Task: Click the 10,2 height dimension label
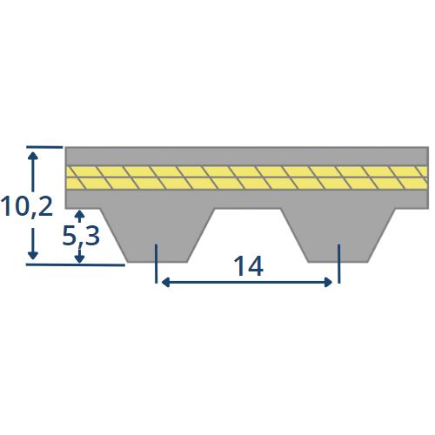pos(27,206)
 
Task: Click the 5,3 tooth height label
pos(81,236)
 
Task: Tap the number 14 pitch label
pos(248,266)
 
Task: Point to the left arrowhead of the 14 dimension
pos(165,282)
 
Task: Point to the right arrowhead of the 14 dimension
pos(328,282)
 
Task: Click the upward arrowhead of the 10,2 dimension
pos(33,156)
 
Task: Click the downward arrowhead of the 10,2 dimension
pos(33,255)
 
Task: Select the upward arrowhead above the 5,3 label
pos(79,215)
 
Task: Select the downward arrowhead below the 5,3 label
pos(79,259)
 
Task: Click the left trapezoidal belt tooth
pos(157,236)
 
